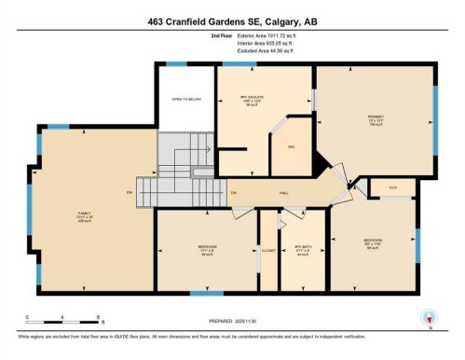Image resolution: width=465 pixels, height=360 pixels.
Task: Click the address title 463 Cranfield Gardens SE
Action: pyautogui.click(x=232, y=20)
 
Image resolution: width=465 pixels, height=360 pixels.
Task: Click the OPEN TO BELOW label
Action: pyautogui.click(x=186, y=99)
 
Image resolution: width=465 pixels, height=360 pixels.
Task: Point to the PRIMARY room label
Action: pyautogui.click(x=375, y=117)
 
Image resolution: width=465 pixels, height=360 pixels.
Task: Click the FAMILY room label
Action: pyautogui.click(x=83, y=215)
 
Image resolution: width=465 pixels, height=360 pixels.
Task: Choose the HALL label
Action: pyautogui.click(x=282, y=192)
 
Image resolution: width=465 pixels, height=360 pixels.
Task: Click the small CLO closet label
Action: pyautogui.click(x=392, y=188)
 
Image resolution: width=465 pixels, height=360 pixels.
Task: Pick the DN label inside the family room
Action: pyautogui.click(x=130, y=193)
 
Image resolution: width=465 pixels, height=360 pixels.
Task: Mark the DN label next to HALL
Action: pyautogui.click(x=234, y=192)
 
